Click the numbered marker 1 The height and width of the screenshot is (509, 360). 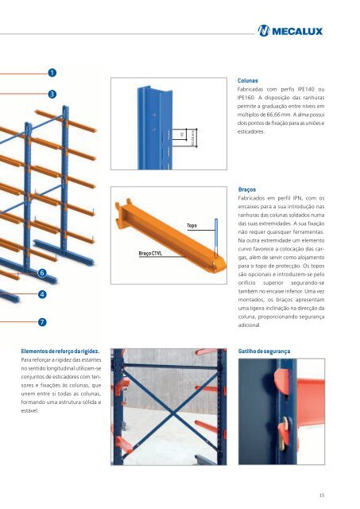[x=52, y=73]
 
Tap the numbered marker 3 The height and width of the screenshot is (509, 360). [x=52, y=95]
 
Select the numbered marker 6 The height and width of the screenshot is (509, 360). [x=41, y=273]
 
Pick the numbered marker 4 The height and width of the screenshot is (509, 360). [x=41, y=294]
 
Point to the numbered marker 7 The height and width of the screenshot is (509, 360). [x=41, y=321]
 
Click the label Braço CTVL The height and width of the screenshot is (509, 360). [x=151, y=254]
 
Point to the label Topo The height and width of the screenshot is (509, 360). [x=192, y=226]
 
